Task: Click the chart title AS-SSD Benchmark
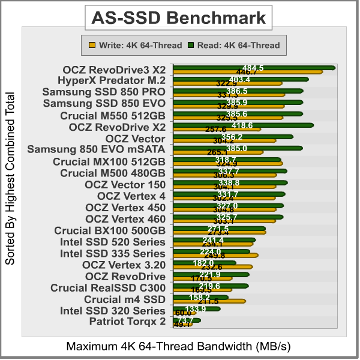(x=178, y=18)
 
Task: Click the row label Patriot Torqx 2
(x=127, y=322)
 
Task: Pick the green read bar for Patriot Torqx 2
(x=186, y=320)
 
